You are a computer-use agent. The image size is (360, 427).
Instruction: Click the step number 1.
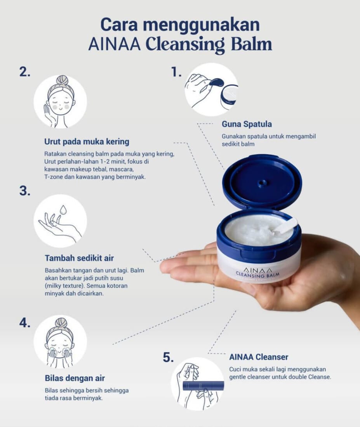point(176,72)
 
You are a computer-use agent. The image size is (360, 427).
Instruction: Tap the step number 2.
point(24,72)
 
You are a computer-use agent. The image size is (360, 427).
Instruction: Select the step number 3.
point(24,192)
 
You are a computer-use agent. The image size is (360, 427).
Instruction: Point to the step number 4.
point(24,323)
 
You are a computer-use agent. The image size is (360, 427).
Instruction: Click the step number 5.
point(168,358)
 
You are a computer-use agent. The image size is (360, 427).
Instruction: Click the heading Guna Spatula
point(247,124)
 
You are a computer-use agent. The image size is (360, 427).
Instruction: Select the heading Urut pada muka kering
point(87,141)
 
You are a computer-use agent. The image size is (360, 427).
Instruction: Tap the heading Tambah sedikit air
point(79,258)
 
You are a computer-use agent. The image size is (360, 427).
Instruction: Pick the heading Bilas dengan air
point(75,378)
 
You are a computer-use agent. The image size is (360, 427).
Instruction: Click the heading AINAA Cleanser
point(259,357)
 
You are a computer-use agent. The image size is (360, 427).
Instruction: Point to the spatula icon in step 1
point(216,82)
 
